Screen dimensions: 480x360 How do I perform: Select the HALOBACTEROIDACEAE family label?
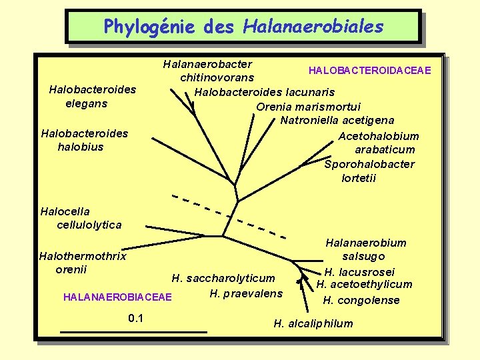point(369,71)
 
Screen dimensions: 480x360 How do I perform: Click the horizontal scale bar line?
point(133,331)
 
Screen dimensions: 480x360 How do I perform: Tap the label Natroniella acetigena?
point(337,121)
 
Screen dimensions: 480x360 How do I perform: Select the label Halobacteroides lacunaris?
point(265,92)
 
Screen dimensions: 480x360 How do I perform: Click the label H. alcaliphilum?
point(313,324)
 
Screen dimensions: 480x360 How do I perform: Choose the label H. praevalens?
point(246,293)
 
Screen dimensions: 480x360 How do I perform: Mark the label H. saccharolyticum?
point(223,278)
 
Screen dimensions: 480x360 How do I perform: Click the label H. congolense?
point(361,300)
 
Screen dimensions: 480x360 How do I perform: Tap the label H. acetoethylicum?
point(364,285)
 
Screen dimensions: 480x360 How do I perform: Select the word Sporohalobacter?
point(369,164)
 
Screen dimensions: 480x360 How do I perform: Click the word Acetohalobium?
point(379,136)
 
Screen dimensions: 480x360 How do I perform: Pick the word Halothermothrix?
point(83,256)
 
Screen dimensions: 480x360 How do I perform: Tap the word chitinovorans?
point(217,78)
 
